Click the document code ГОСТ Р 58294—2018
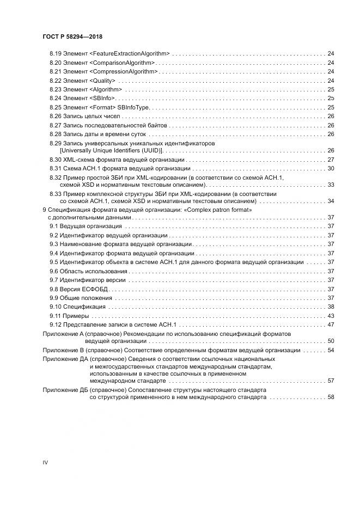click(72, 36)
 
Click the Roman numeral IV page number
click(45, 463)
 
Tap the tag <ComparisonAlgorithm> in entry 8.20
click(122, 63)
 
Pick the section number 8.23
click(55, 89)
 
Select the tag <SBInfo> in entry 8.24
click(102, 98)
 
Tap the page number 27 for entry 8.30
click(331, 160)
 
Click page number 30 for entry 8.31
click(331, 169)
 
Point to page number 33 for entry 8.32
click(331, 185)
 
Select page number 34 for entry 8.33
click(331, 201)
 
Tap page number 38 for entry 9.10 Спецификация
click(331, 307)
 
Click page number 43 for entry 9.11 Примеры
click(331, 316)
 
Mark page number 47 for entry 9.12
click(331, 324)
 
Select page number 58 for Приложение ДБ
click(331, 397)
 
